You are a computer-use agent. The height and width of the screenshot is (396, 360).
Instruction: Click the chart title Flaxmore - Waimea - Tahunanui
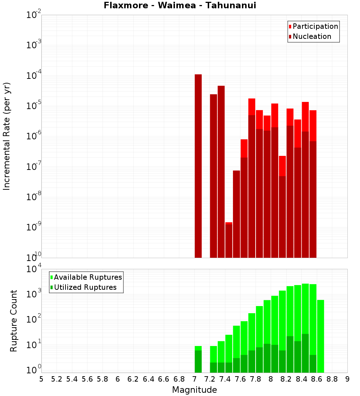click(180, 5)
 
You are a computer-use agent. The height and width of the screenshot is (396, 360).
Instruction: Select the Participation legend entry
click(313, 26)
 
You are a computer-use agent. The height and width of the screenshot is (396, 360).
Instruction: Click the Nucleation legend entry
click(310, 36)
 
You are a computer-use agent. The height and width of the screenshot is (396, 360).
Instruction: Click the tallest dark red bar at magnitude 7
click(198, 166)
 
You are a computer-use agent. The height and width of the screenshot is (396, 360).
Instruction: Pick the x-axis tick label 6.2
click(133, 379)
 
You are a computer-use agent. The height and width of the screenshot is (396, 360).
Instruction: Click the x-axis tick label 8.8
click(332, 379)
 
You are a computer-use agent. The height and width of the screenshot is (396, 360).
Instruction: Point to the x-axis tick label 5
click(41, 379)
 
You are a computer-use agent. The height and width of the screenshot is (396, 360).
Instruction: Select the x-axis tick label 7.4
click(225, 379)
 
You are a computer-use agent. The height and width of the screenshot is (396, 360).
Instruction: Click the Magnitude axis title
click(194, 390)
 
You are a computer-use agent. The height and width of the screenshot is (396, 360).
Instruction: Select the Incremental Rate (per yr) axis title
click(7, 136)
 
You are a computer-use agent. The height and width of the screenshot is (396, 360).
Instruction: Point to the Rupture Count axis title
click(14, 320)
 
